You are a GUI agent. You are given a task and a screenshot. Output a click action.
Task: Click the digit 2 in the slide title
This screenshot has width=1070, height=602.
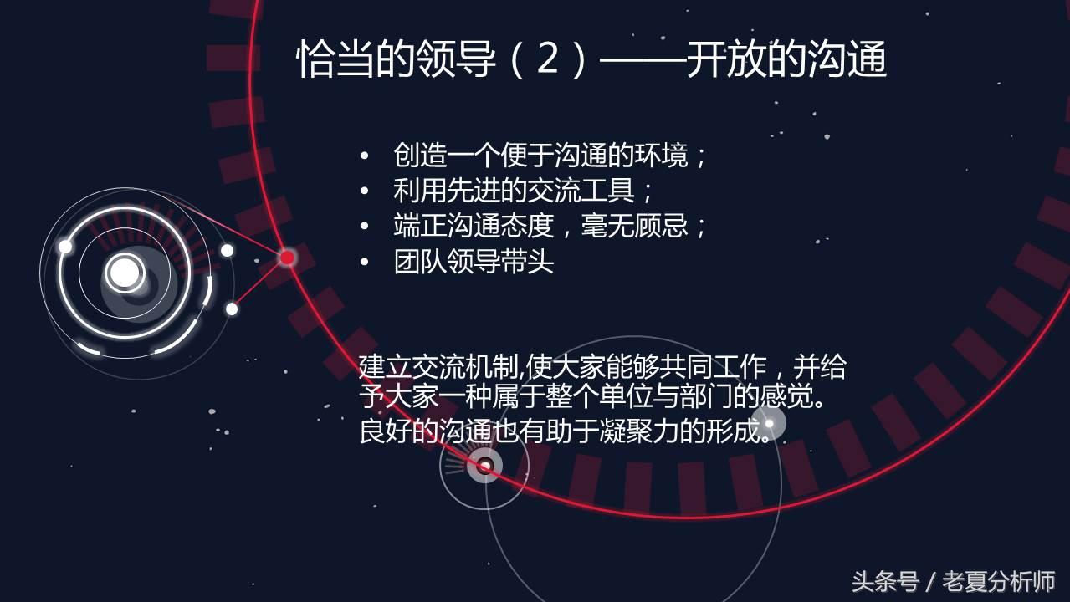547,60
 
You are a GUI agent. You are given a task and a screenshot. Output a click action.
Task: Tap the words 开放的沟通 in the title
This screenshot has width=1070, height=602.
786,61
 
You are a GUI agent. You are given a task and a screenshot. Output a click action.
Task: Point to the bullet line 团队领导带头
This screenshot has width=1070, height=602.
474,262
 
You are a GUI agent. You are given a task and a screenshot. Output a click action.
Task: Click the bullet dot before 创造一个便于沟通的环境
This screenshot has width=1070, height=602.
364,156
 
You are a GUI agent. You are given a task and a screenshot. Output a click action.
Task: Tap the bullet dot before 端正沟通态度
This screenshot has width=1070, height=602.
364,227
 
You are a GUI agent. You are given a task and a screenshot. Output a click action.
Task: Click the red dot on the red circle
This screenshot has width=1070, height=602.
287,258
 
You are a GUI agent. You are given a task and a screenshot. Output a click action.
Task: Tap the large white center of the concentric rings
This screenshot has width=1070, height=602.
125,272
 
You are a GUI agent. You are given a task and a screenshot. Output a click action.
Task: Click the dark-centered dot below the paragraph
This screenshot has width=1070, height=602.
484,465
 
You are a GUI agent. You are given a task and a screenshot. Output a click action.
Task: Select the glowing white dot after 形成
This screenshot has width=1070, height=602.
769,422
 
